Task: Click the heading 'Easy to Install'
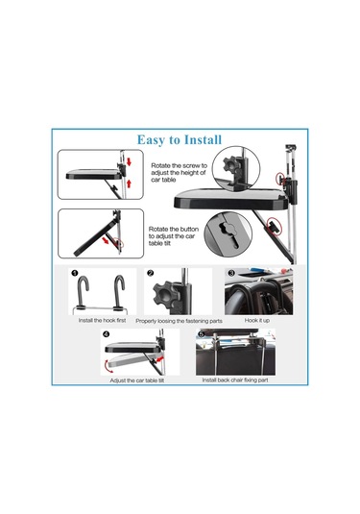(180, 139)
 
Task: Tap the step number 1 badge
(75, 273)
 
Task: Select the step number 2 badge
(151, 273)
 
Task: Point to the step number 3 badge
(231, 273)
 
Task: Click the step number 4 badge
(107, 334)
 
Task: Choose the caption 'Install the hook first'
(102, 320)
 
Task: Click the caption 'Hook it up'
(257, 320)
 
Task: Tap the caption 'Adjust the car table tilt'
(137, 380)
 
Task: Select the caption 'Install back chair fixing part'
(235, 379)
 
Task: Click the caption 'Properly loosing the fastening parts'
(179, 321)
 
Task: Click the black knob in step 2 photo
(164, 293)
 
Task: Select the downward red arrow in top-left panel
(129, 161)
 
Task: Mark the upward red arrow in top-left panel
(129, 184)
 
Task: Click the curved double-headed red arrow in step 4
(108, 365)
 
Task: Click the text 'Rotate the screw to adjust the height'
(179, 172)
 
